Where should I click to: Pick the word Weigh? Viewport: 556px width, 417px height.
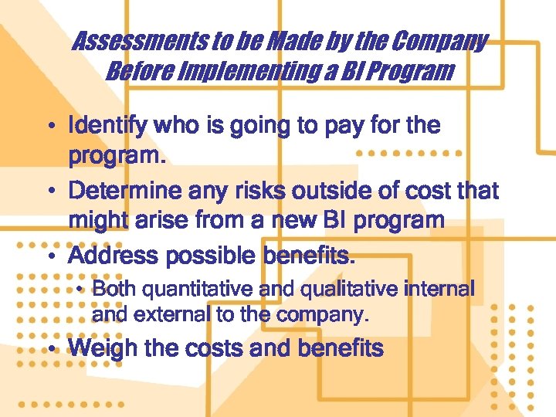click(100, 348)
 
